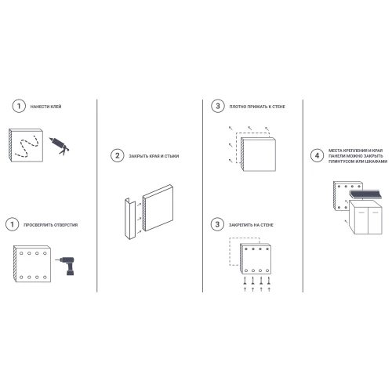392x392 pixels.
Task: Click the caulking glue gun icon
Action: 60,146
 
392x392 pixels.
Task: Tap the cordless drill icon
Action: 67,265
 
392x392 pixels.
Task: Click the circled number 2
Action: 118,156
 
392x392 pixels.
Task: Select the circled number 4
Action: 317,155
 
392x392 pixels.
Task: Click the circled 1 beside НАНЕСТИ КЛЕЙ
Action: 19,106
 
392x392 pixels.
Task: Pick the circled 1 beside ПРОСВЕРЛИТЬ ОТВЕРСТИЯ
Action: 12,224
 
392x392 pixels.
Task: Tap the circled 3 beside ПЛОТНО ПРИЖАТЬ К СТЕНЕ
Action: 218,106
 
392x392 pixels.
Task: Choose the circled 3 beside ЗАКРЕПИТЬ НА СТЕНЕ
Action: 217,224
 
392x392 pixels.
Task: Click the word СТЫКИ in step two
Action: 172,156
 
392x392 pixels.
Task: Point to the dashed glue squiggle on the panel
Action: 27,146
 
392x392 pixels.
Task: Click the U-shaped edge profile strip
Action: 130,219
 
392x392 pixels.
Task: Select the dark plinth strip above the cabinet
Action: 365,194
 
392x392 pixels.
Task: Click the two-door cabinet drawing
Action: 365,217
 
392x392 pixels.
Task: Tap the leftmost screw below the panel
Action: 245,281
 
